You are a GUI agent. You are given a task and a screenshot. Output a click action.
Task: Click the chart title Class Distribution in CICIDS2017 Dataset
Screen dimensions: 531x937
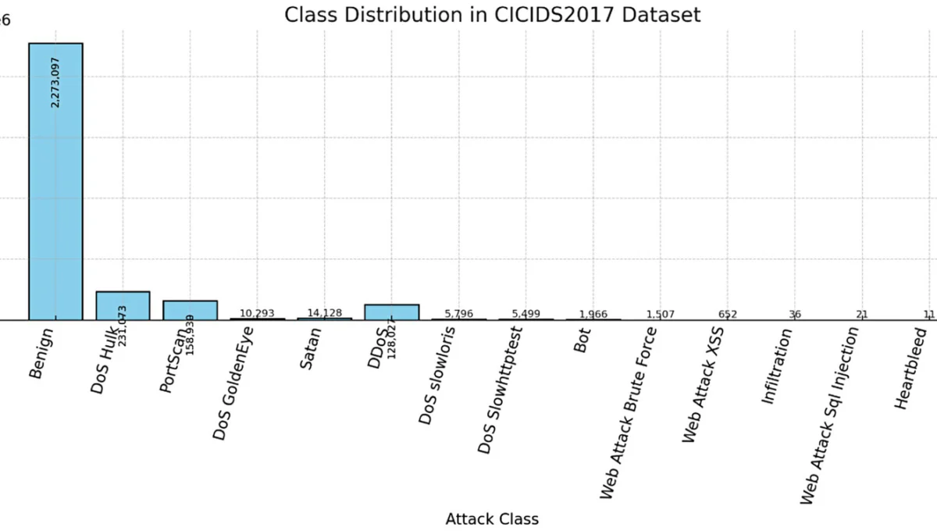click(x=492, y=15)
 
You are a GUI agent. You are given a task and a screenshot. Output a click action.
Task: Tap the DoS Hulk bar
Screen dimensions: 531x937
click(x=123, y=305)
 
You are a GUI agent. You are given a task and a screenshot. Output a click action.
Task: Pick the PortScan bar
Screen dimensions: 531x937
click(x=190, y=309)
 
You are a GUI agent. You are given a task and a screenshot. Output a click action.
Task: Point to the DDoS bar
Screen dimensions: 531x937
click(x=391, y=311)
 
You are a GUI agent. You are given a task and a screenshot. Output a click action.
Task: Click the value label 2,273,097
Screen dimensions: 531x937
click(x=55, y=81)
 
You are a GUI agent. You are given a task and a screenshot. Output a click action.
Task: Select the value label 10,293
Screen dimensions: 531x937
click(x=257, y=313)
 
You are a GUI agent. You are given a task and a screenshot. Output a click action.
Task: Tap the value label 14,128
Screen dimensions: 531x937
click(x=324, y=313)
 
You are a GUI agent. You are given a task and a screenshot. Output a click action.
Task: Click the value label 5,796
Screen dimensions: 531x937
click(x=458, y=314)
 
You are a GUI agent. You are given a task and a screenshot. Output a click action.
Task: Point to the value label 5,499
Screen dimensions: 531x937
click(x=526, y=314)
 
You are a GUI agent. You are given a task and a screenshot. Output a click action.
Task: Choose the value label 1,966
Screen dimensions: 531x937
click(x=593, y=314)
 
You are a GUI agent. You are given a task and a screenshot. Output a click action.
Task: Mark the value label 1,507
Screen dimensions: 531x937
click(x=660, y=315)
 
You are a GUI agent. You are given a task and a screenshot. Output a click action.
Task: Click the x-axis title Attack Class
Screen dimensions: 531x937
click(x=492, y=519)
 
